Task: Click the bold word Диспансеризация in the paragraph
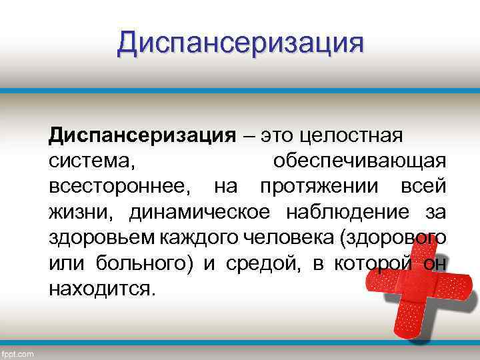click(x=141, y=136)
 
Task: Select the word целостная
click(x=352, y=136)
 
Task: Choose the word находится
click(x=99, y=289)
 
